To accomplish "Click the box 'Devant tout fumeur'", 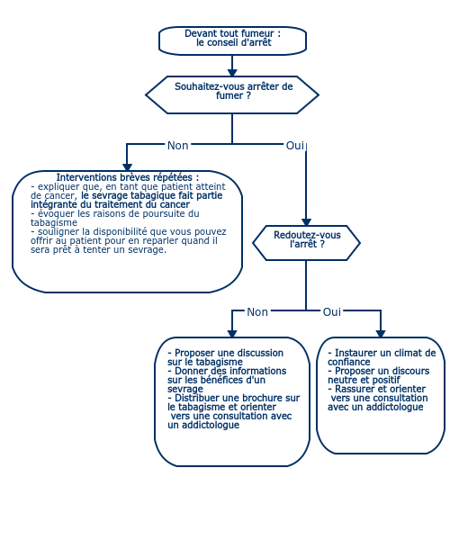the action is click(x=232, y=40).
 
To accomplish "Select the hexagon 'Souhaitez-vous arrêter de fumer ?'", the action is click(x=232, y=94).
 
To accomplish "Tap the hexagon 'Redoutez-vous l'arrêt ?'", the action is click(x=306, y=243).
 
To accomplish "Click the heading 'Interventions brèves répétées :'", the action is click(x=128, y=177).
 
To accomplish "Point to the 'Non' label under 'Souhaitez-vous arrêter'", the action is click(x=177, y=145).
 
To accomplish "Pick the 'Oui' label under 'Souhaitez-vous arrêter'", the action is click(x=295, y=145).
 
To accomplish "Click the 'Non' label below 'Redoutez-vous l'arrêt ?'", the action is click(x=257, y=311).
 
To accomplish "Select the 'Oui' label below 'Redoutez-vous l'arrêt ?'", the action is click(x=331, y=311).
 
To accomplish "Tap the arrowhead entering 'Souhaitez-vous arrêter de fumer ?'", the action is click(x=232, y=73).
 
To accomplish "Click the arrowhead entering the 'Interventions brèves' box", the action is click(x=127, y=167).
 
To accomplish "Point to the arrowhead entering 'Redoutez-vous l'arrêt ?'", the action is click(x=306, y=222).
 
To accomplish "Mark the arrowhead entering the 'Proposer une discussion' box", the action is click(x=232, y=334).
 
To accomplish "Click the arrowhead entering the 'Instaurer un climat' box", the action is click(x=381, y=334).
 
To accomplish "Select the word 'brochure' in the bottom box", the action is click(x=263, y=398).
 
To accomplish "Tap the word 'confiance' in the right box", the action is click(x=349, y=362).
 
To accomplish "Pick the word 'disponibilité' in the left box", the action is click(x=121, y=231).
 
